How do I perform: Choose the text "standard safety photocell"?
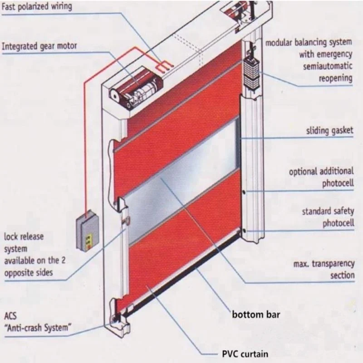(x=328, y=218)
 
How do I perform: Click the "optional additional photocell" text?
(x=321, y=177)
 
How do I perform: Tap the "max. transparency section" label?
(x=323, y=270)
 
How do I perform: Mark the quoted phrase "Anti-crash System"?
(x=38, y=328)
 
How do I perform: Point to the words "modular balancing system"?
(x=309, y=43)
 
